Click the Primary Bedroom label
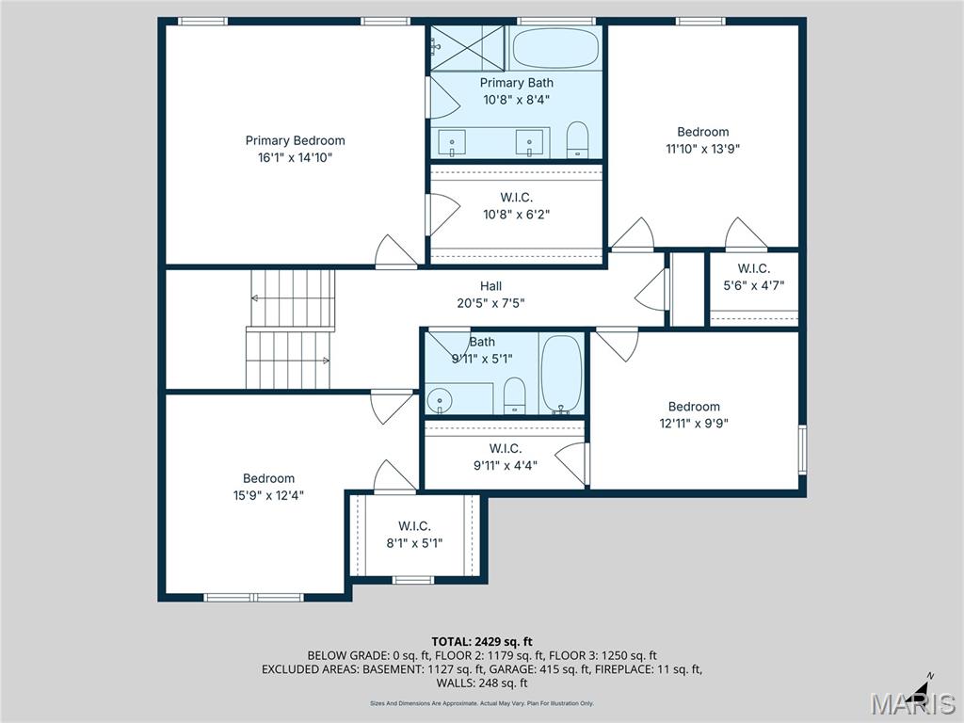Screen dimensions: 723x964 [295, 141]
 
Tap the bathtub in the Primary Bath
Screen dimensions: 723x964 [554, 47]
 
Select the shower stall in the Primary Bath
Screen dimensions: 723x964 [468, 48]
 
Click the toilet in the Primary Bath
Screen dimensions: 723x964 [577, 140]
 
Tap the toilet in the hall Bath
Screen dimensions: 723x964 [514, 395]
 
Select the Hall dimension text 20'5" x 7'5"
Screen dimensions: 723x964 [490, 303]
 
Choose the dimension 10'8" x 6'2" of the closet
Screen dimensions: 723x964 [516, 214]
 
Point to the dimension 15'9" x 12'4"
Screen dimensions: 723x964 [268, 495]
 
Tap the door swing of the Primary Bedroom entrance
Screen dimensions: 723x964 [395, 251]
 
